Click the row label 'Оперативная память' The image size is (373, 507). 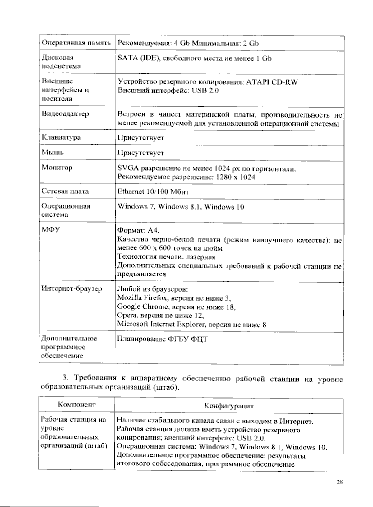76,43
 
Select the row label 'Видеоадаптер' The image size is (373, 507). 65,114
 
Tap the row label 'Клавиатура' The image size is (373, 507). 61,137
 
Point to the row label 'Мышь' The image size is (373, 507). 53,152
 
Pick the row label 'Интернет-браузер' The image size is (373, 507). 71,288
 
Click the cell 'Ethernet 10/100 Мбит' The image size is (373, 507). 153,191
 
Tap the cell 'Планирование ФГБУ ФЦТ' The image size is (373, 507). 162,339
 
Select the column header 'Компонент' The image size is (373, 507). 76,405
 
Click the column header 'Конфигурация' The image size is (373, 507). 229,406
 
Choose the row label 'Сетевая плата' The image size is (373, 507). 65,191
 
